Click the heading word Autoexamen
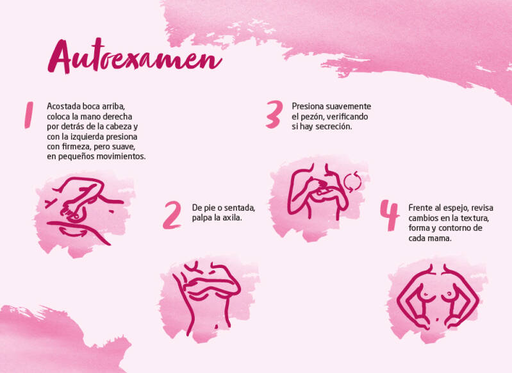[x=135, y=56]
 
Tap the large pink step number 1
[x=29, y=115]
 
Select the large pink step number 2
[x=172, y=215]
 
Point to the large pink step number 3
[x=274, y=114]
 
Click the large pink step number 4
[x=390, y=215]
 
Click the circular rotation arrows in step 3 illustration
[x=352, y=181]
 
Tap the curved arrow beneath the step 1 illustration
[x=73, y=232]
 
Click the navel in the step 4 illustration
[x=438, y=319]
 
